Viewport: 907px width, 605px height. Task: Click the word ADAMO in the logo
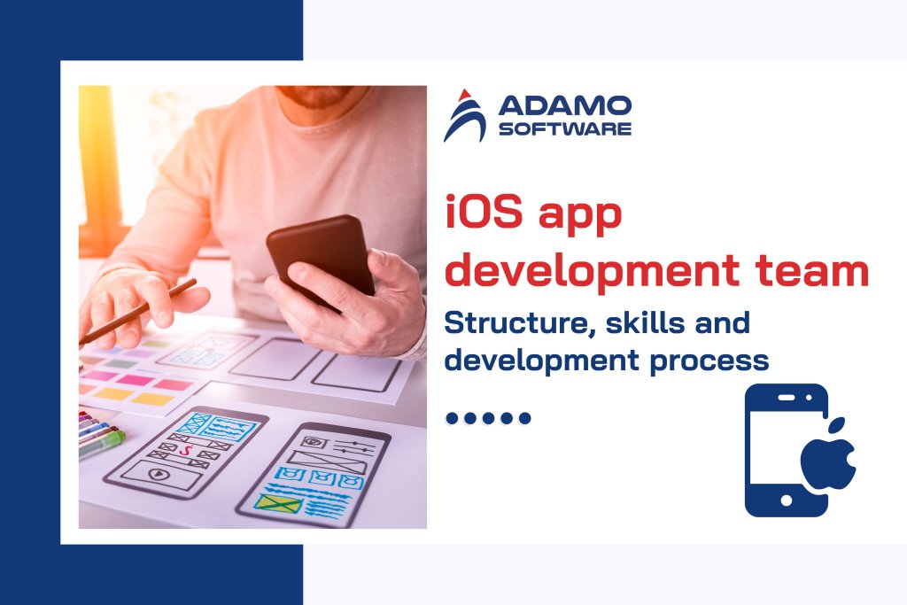(x=565, y=106)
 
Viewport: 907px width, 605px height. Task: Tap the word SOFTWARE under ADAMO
(x=565, y=129)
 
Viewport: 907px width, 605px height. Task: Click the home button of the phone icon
(x=786, y=501)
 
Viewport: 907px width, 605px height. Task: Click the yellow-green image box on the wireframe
(x=278, y=503)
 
